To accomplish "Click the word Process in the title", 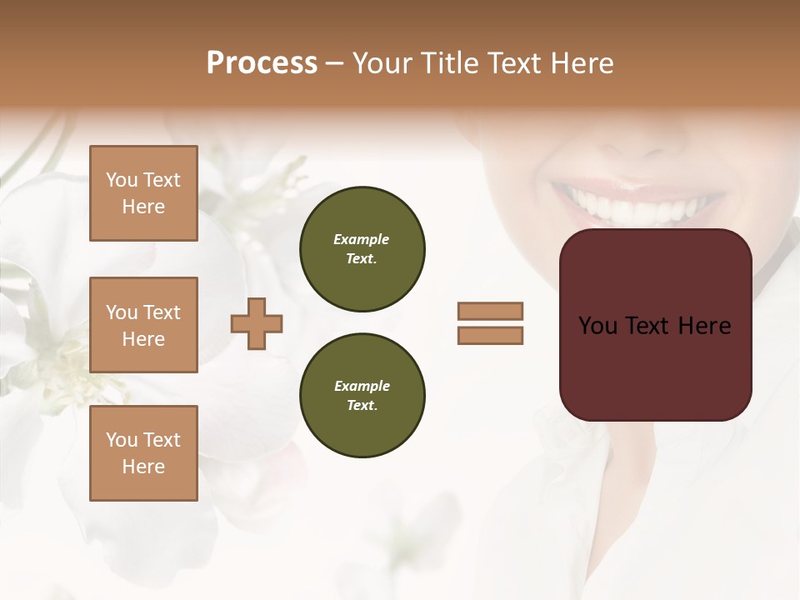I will [262, 63].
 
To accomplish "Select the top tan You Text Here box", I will [143, 193].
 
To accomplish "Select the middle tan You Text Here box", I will [143, 325].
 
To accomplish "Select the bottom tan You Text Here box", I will [143, 453].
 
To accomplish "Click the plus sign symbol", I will [257, 324].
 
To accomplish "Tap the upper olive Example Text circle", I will [362, 249].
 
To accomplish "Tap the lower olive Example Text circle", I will [362, 396].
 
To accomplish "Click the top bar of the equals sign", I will [491, 311].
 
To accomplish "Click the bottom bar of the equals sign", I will [491, 336].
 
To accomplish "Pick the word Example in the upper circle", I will [362, 239].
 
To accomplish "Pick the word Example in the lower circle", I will [362, 386].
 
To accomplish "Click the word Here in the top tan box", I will [143, 207].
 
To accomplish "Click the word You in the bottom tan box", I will [122, 440].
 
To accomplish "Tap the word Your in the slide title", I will [384, 63].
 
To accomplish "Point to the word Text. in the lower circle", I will [362, 406].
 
